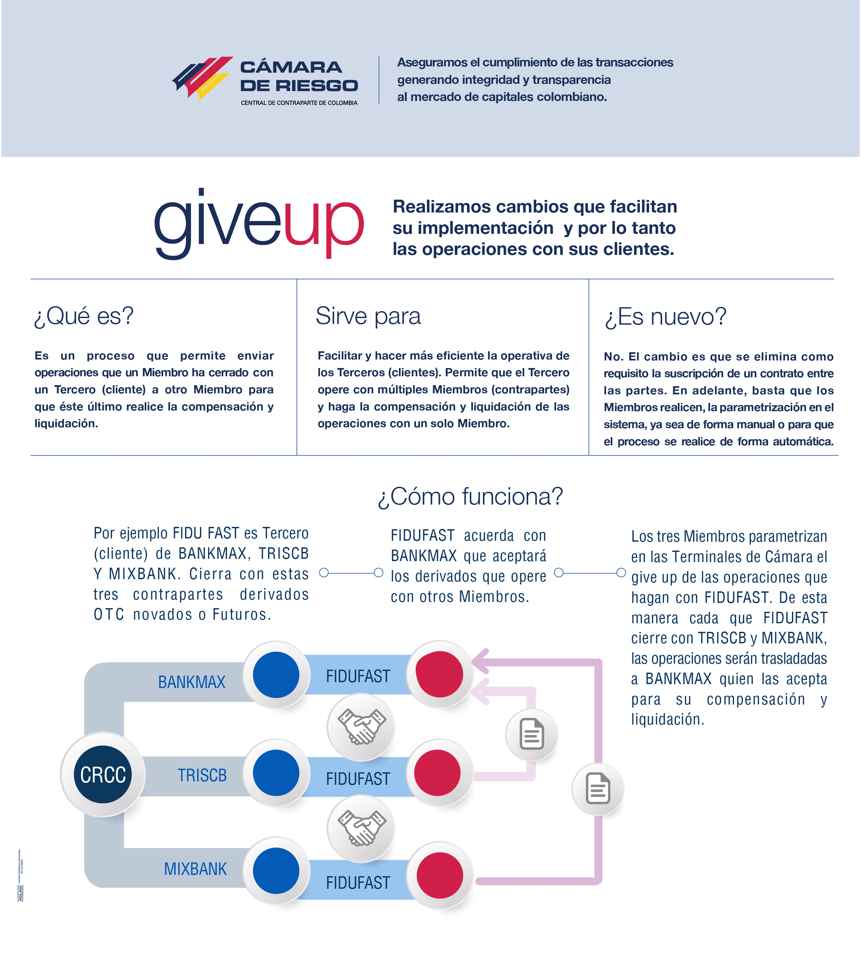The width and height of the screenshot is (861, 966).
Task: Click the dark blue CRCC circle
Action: pos(103,774)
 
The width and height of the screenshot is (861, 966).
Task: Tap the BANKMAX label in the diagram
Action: pos(192,682)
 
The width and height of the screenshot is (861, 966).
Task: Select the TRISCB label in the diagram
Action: pos(202,775)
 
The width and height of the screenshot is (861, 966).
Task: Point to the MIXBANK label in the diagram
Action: pos(195,869)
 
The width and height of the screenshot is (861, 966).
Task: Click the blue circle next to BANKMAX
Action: pos(276,675)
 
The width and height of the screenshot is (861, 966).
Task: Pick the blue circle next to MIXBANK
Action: pos(276,870)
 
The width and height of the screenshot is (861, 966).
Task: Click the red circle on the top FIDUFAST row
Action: pos(439,674)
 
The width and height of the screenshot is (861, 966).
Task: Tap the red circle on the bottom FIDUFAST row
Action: pos(439,875)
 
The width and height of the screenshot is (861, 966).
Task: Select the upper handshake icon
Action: pos(361,726)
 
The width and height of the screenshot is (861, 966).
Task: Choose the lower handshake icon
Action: pos(361,828)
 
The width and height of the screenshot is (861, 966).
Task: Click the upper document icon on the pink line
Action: pos(532,734)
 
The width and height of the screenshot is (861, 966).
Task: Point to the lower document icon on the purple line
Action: pos(598,789)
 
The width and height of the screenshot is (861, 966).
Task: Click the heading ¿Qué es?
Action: pos(84,316)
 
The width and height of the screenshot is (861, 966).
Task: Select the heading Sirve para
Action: pos(368,316)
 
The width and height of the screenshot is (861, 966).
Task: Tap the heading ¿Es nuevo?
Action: pos(665,316)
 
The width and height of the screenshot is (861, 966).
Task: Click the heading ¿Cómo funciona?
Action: pos(470,497)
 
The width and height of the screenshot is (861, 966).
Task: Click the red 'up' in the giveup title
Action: pos(324,225)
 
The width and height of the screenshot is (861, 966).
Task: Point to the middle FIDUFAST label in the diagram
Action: pos(358,779)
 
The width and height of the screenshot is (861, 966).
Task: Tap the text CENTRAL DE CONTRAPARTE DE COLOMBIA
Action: pos(299,103)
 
